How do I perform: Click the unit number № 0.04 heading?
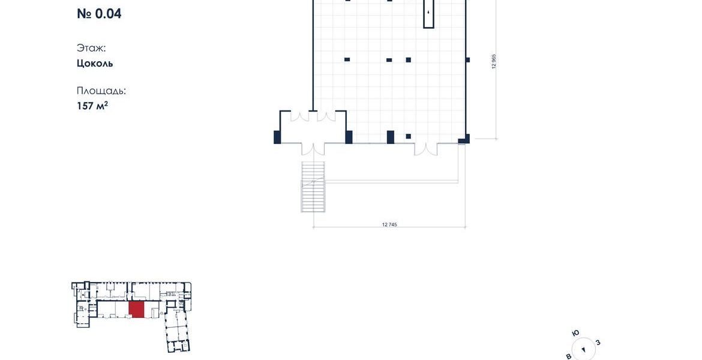[99, 13]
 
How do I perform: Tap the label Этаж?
[91, 48]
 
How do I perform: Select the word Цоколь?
[95, 64]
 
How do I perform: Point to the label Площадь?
[101, 91]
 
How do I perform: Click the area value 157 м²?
[92, 106]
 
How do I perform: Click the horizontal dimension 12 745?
[389, 224]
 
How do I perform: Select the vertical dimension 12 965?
[494, 61]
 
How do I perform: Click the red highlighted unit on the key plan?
[137, 310]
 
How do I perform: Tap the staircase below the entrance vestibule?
[313, 187]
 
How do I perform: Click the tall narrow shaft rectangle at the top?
[429, 14]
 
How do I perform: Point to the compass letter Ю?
[576, 333]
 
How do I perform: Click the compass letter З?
[598, 343]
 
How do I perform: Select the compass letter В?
[569, 356]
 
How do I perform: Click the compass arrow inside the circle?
[583, 350]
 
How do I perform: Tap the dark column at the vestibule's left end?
[277, 137]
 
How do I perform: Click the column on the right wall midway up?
[467, 60]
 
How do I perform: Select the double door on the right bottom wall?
[425, 149]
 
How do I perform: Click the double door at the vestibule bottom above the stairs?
[313, 149]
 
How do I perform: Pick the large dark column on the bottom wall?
[391, 137]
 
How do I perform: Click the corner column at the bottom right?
[465, 139]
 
